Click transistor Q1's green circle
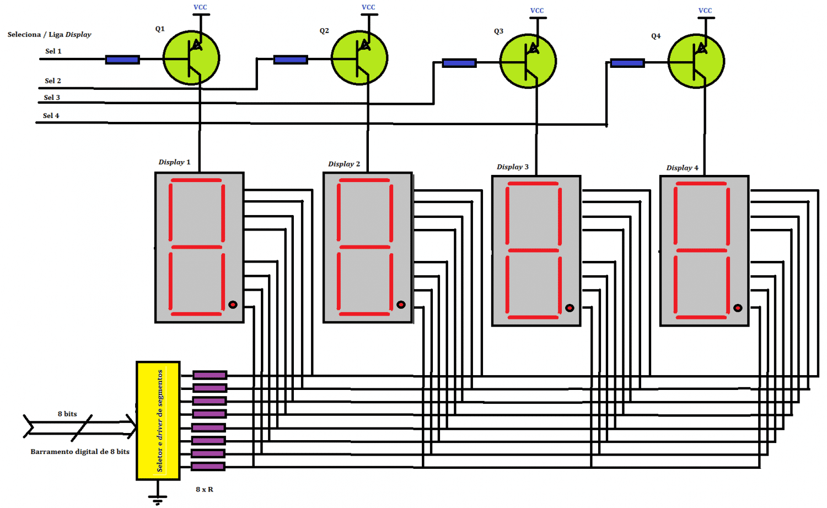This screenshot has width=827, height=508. tap(191, 58)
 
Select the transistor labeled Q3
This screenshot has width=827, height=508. tap(528, 61)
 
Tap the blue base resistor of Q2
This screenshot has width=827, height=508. tap(291, 60)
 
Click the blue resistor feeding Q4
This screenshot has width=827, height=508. tap(627, 63)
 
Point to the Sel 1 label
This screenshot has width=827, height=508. tap(53, 51)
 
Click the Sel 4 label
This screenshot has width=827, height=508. tap(51, 116)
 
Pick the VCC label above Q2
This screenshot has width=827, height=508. tap(368, 7)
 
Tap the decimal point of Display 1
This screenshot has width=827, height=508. tap(233, 304)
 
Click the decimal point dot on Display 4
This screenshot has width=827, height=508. tap(738, 308)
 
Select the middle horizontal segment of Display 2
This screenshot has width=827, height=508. tap(365, 247)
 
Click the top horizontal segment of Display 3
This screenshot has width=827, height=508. tap(533, 184)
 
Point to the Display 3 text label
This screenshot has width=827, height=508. tap(512, 167)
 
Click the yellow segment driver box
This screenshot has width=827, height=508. tap(158, 420)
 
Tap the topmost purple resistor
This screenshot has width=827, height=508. tap(210, 376)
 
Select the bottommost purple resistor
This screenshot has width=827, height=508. tap(208, 466)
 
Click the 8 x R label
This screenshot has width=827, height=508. tap(204, 489)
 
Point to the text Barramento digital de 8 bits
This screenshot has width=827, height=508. tap(80, 452)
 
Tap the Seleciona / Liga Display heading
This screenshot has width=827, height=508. tap(50, 34)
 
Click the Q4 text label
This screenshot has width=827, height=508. tap(656, 36)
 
